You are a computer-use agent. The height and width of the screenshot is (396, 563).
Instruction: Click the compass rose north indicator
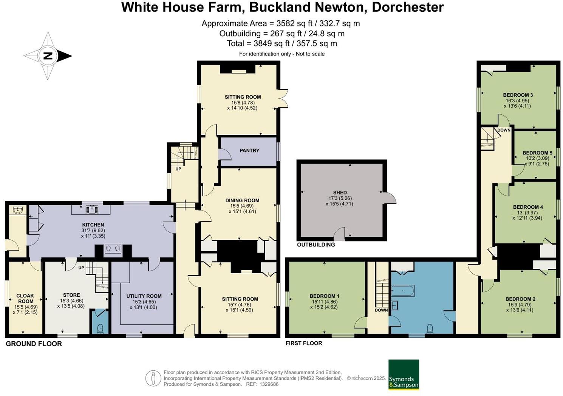point(48,56)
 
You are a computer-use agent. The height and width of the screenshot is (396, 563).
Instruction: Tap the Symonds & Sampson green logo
point(404,374)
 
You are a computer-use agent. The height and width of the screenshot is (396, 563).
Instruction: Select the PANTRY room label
point(249,150)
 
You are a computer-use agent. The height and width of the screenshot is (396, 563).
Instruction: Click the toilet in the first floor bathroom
point(430,328)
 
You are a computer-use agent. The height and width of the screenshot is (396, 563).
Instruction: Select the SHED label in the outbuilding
point(340,193)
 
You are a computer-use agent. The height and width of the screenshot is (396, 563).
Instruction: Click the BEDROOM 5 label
point(537,153)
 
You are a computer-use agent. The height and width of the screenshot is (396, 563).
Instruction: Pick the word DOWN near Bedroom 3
point(504,130)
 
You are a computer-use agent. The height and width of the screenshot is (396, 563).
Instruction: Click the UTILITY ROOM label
point(144,296)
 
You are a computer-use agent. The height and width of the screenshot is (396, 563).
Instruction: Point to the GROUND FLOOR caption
point(34,344)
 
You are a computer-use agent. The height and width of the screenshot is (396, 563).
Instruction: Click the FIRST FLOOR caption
point(304,343)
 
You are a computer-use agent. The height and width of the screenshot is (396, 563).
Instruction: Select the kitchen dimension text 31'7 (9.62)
point(93,230)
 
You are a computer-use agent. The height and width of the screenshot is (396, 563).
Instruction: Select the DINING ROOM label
point(242,200)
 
